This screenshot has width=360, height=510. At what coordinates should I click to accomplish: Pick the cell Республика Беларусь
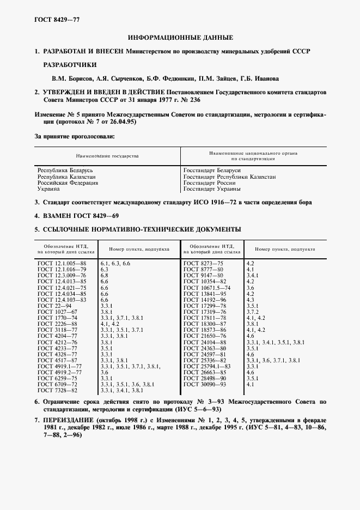point(62,171)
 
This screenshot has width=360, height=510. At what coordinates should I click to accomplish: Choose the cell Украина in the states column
point(48,189)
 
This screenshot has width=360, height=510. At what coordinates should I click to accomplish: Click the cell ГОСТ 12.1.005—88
point(62,263)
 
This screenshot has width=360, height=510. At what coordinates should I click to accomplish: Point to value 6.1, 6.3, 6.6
point(115,263)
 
